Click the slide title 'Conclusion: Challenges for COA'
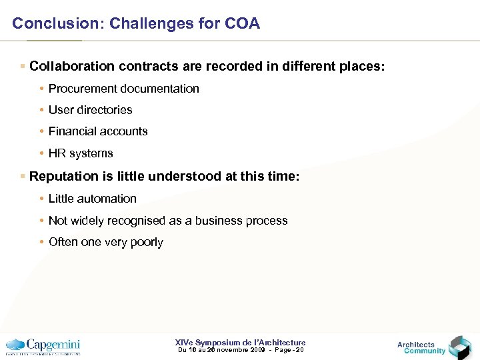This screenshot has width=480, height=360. [x=136, y=24]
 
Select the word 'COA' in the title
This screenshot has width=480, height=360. [x=243, y=24]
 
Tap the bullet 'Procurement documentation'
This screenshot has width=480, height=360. [x=123, y=89]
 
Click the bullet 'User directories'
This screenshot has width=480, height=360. [x=90, y=110]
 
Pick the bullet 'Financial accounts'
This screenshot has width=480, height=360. [x=98, y=131]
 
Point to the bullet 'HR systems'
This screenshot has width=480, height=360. [x=81, y=153]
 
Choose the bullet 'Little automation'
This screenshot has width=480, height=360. [x=92, y=199]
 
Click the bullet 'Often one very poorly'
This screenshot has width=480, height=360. [x=105, y=242]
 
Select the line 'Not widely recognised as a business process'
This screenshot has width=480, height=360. [x=168, y=221]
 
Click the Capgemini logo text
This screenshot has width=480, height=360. [x=53, y=345]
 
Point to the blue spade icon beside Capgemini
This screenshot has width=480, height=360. [x=15, y=345]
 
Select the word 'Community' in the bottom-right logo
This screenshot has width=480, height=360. [x=425, y=351]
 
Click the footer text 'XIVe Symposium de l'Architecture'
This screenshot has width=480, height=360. [x=240, y=343]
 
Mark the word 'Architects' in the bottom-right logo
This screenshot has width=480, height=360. [x=416, y=344]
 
